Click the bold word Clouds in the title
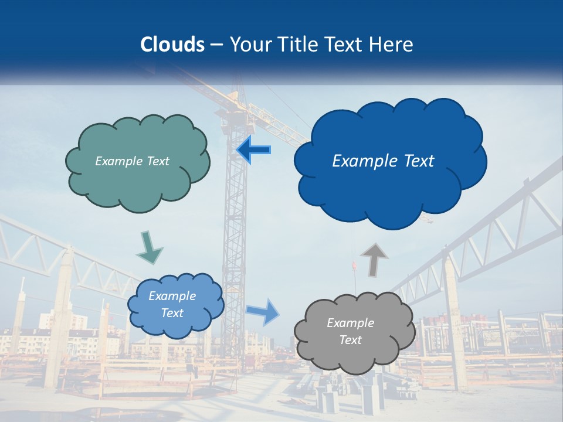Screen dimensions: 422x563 click(172, 45)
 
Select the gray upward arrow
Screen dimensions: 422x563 click(375, 259)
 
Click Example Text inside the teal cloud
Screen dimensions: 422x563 click(132, 161)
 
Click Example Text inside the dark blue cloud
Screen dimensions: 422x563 click(383, 161)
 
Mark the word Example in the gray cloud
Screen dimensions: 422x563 click(350, 323)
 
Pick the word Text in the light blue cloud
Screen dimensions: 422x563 click(172, 313)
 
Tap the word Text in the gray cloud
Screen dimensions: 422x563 click(350, 340)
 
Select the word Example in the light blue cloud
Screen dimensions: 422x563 click(172, 296)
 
